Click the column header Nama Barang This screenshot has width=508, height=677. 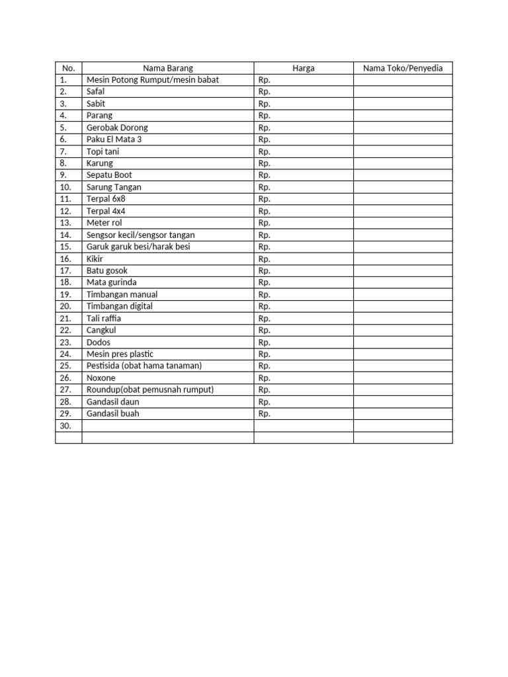point(167,68)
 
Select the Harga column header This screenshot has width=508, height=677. point(304,68)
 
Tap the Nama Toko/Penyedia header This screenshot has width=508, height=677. point(403,68)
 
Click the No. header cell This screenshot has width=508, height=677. point(69,68)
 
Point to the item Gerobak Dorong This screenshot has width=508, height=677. point(117,128)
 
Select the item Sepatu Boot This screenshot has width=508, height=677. point(109,175)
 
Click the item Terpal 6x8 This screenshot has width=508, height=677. point(106,199)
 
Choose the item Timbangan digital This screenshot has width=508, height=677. point(119,306)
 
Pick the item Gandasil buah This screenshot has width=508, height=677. point(113,413)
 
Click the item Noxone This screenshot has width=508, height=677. point(101,378)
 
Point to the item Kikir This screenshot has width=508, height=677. point(95,259)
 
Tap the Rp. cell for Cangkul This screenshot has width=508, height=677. point(265,330)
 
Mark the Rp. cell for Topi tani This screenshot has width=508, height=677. point(265,151)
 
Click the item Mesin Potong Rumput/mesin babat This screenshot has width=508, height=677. point(152,80)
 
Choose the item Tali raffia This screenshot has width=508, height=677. point(104,318)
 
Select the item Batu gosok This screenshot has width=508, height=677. point(107,270)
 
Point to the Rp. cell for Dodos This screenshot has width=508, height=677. point(265,342)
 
